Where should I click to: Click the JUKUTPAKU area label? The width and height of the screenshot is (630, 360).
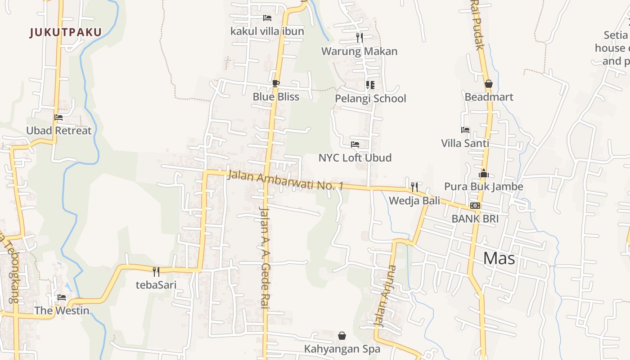tap(66, 32)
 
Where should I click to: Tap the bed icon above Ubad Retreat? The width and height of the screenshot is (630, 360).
tap(58, 117)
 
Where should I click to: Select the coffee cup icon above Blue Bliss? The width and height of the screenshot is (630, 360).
tap(276, 83)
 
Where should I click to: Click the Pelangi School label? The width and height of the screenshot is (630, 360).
tap(370, 99)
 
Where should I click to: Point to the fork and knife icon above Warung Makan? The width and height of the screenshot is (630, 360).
tap(359, 37)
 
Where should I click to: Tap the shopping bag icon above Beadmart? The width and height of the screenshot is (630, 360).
tap(489, 84)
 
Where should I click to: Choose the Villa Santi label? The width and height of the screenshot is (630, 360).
tap(465, 144)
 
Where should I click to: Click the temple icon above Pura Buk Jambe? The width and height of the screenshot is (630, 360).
tap(484, 173)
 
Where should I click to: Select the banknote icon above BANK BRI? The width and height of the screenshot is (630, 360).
tap(475, 206)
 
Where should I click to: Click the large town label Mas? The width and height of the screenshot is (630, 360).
tap(499, 259)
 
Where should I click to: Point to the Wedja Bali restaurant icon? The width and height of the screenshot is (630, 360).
tap(414, 187)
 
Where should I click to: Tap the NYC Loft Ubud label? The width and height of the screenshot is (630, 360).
tap(355, 158)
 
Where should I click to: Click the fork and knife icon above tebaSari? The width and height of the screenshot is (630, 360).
tap(156, 271)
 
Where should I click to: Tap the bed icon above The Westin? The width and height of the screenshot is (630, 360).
tap(62, 297)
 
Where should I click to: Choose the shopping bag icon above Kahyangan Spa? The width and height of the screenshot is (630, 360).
tap(342, 336)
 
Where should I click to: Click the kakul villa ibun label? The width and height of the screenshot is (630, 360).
tap(267, 31)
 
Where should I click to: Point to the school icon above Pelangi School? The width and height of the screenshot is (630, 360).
tap(370, 85)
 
